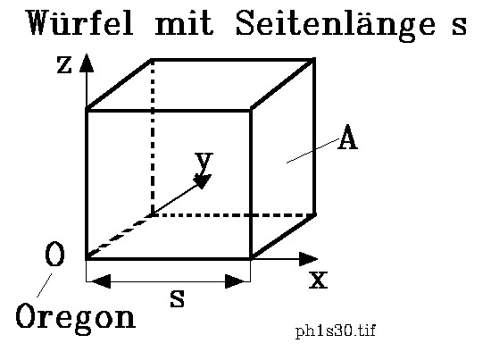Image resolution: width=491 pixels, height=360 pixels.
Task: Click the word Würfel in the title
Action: pos(80,22)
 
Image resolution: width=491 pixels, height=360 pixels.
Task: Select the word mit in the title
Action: pos(185,23)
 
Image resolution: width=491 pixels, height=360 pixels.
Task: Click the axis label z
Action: pos(64,65)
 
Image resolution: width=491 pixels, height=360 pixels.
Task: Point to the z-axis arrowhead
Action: pos(87,63)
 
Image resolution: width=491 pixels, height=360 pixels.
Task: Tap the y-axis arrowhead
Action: pos(204,181)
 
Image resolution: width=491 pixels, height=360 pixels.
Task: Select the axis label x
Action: pos(318,280)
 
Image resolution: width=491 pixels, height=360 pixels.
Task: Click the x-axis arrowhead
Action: pos(309,259)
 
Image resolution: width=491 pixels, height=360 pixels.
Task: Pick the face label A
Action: pos(347,138)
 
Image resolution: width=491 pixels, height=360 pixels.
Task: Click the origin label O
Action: pos(54,254)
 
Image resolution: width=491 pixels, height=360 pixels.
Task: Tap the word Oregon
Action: pos(76,318)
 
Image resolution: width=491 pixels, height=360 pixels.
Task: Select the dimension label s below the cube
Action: pos(178,298)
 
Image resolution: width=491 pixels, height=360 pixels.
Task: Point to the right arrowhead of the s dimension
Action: pos(237,281)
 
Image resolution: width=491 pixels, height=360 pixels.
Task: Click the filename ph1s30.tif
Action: pos(336,331)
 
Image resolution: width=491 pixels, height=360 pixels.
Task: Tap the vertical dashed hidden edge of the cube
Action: pos(152,137)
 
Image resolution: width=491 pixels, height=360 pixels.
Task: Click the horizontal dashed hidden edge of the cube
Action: pos(233,215)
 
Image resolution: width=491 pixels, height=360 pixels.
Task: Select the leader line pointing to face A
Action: pos(312,151)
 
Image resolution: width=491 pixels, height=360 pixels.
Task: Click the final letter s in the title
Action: pos(459,25)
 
